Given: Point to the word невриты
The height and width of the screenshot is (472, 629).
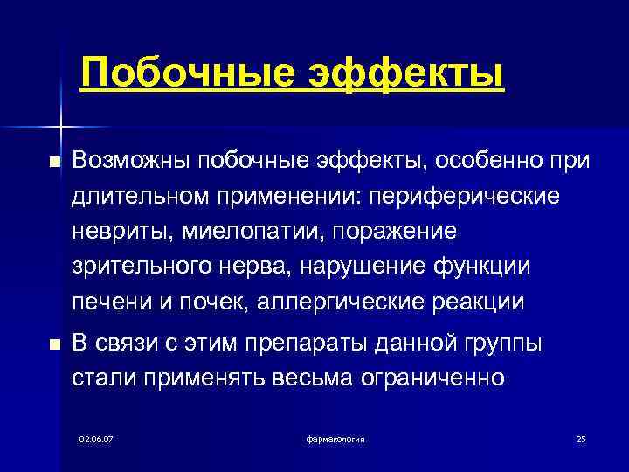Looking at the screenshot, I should pyautogui.click(x=112, y=232).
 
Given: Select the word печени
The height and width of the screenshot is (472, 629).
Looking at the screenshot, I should pyautogui.click(x=105, y=303).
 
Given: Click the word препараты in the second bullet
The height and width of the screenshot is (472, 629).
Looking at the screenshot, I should pyautogui.click(x=336, y=344).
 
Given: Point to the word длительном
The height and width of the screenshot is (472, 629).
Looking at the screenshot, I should pyautogui.click(x=135, y=196).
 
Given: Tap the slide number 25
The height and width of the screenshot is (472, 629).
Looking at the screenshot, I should pyautogui.click(x=581, y=438).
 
